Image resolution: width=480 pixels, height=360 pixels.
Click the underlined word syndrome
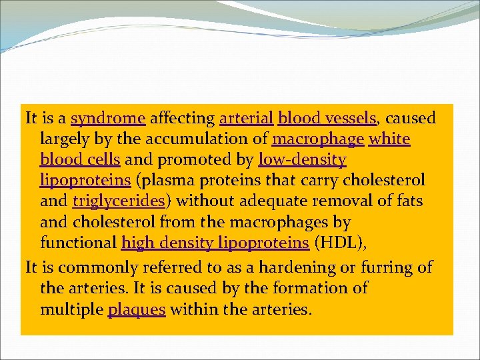tap(108, 119)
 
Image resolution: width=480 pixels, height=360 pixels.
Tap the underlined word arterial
tap(247, 119)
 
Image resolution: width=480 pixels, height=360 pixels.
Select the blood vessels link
tap(327, 119)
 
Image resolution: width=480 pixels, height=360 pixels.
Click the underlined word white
tap(389, 139)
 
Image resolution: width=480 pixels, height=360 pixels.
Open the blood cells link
tap(80, 160)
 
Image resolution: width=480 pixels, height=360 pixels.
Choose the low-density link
tap(302, 160)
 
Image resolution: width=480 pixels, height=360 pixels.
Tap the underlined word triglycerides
tap(119, 201)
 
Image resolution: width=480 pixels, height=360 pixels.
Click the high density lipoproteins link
tap(215, 243)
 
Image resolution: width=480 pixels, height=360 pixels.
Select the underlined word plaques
tap(137, 310)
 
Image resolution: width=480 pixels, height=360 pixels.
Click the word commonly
tap(91, 268)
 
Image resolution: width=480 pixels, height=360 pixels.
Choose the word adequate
tap(263, 201)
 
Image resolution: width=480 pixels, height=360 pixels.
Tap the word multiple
tap(71, 310)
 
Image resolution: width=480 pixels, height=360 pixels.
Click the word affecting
tap(182, 119)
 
